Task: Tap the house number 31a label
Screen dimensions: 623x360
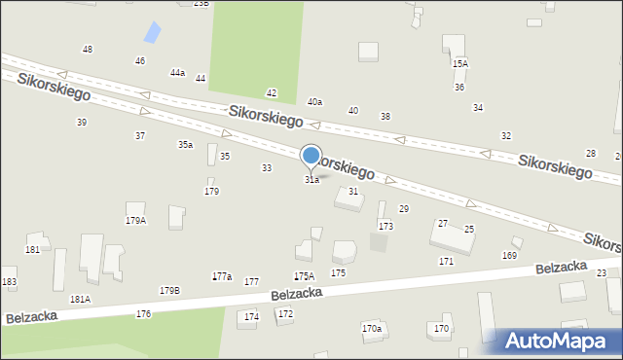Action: [311, 180]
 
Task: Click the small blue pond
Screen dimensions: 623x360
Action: [153, 32]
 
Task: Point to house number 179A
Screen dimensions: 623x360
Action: [135, 221]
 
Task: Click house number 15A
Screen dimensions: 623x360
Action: [459, 63]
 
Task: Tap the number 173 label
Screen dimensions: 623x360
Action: [385, 226]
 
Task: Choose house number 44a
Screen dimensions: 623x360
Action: [177, 73]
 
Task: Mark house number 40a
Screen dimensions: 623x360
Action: [314, 101]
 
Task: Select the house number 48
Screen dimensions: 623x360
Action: [88, 49]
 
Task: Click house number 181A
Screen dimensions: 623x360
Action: [80, 300]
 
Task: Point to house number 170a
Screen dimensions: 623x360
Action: [372, 329]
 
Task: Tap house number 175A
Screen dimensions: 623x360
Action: [305, 277]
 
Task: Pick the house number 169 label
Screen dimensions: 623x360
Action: [509, 255]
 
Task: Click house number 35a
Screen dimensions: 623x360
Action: [184, 145]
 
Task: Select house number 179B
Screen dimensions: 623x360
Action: [169, 290]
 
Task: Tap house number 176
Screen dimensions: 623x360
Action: [143, 313]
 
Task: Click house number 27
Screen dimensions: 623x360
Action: [443, 224]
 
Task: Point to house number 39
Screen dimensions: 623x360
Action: [82, 122]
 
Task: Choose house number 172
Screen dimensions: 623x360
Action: [285, 313]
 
